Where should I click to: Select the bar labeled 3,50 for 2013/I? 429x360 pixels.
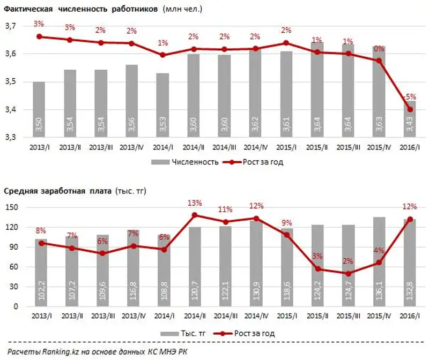39,110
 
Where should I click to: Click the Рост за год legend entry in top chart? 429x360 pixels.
258,162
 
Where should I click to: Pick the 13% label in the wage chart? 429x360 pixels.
194,203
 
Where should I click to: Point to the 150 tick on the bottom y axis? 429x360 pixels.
12,207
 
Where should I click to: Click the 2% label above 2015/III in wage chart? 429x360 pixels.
348,261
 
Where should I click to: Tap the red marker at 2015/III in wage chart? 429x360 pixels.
348,274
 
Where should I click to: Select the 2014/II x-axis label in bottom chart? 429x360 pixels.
194,316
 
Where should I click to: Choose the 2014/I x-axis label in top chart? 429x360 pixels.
162,147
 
